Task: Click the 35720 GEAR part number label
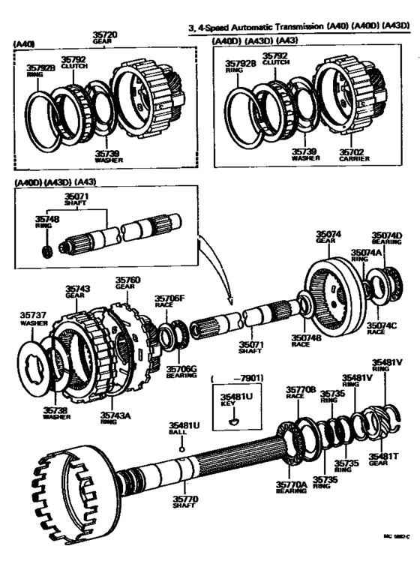tap(103, 37)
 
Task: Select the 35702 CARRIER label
tap(350, 154)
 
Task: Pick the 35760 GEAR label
tap(127, 283)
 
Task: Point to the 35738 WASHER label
tap(56, 413)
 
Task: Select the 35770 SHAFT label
tap(184, 500)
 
